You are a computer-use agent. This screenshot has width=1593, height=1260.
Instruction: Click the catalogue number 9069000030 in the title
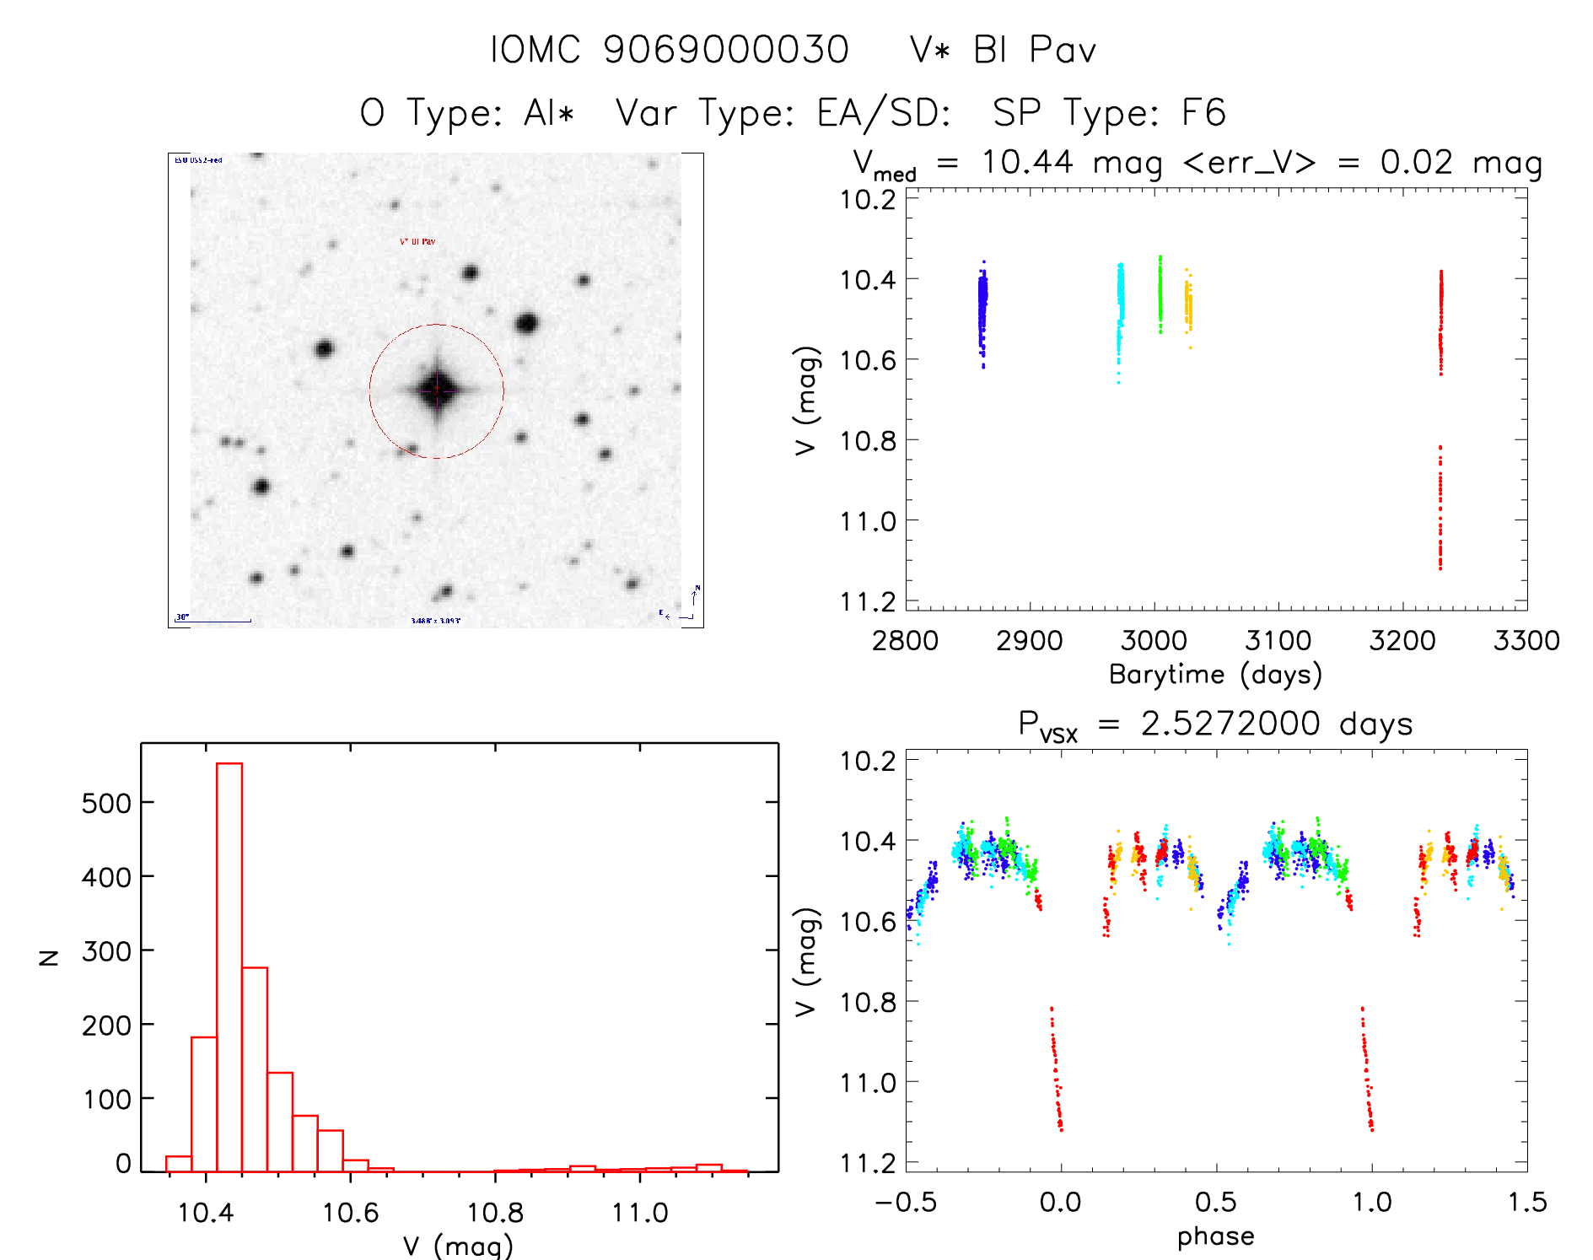[726, 50]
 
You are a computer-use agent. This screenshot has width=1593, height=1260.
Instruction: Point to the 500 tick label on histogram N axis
[106, 803]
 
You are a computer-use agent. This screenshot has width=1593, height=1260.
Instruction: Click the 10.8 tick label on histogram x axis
[495, 1213]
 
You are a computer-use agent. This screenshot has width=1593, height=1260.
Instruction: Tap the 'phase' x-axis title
[1215, 1236]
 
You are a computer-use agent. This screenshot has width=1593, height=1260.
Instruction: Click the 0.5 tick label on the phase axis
[1215, 1202]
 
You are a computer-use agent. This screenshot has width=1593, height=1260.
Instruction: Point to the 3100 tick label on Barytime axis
[1278, 641]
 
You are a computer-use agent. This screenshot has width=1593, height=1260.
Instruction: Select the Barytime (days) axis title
[1215, 675]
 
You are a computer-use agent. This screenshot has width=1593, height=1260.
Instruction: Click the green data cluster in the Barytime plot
[1160, 295]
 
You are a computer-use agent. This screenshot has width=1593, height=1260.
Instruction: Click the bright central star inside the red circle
[437, 390]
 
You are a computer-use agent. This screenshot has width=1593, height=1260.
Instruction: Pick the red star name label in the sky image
[417, 242]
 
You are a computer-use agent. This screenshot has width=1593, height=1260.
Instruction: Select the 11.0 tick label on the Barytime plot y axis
[868, 521]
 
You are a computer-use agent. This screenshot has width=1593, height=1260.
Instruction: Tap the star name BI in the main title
[991, 50]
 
